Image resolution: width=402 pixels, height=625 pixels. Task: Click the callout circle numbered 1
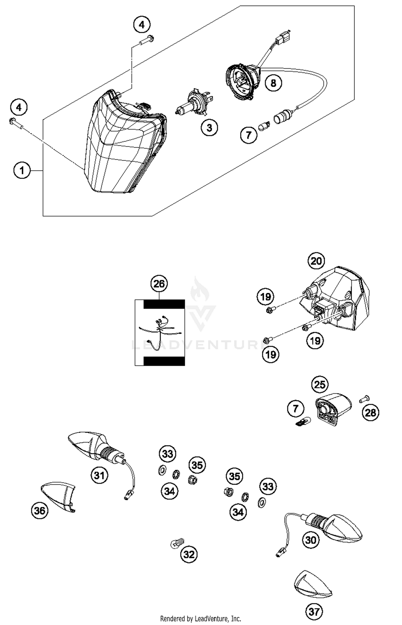click(x=22, y=170)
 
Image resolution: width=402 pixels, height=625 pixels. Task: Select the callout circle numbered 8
click(x=273, y=83)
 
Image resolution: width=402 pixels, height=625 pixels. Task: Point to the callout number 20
click(x=316, y=261)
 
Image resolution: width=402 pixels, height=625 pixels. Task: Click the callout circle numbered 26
click(x=159, y=284)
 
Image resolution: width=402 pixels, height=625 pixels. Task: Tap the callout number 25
click(x=320, y=385)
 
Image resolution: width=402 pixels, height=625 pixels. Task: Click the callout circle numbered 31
click(x=99, y=476)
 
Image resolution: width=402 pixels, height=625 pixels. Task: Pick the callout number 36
click(x=40, y=511)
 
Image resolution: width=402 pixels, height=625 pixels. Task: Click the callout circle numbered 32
click(x=189, y=554)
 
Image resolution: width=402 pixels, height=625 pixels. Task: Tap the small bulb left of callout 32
click(x=177, y=543)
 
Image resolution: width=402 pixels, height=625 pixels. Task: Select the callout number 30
click(x=311, y=540)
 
